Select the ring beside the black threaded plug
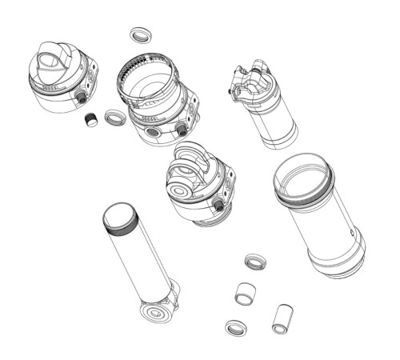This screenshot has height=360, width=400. tap(115, 118)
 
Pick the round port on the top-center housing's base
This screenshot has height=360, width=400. tap(153, 132)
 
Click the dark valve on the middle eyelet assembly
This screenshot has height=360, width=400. tap(218, 206)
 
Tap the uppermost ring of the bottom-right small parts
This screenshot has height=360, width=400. tap(255, 262)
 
